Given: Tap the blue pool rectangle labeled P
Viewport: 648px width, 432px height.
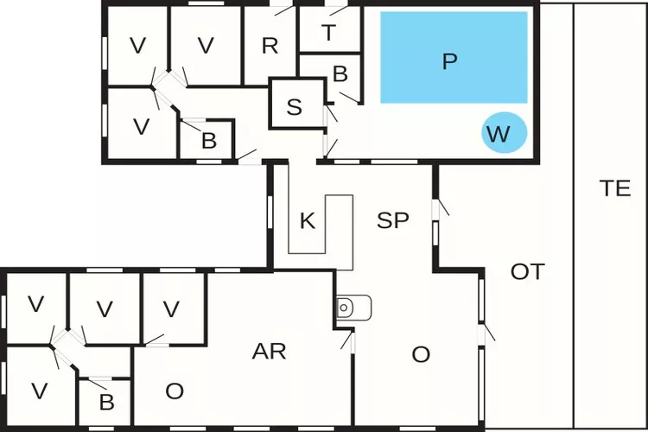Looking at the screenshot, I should click(454, 58).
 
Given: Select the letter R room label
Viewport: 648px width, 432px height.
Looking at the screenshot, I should click(270, 46).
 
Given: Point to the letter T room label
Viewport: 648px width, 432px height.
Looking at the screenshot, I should click(328, 33).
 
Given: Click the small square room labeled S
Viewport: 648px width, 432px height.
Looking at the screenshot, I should click(295, 107).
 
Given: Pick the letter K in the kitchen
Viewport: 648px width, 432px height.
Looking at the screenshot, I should click(307, 220).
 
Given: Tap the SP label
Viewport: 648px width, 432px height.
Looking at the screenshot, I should click(392, 220).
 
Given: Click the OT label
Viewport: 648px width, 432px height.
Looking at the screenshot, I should click(527, 271).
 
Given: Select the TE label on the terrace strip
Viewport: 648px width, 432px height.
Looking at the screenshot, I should click(615, 189).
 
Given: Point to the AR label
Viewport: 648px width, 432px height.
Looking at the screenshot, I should click(269, 351).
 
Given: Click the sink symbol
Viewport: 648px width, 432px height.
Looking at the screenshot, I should click(353, 307).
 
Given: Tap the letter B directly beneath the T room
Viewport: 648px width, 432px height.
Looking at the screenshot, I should click(340, 74).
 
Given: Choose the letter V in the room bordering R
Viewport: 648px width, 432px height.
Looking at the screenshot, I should click(206, 46).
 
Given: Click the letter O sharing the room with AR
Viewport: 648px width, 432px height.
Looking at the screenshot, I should click(175, 391).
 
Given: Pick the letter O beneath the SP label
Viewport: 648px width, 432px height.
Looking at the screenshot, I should click(421, 354).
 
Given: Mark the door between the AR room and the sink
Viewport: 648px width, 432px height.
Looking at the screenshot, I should click(347, 340).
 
